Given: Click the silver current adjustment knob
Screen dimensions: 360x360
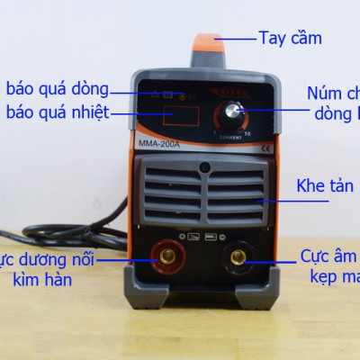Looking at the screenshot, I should click(x=237, y=112).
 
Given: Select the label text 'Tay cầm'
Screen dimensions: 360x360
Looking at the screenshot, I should click(x=290, y=38).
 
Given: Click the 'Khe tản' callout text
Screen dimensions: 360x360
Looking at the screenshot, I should click(x=326, y=187).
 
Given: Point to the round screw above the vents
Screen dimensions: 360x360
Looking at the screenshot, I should click(x=205, y=167).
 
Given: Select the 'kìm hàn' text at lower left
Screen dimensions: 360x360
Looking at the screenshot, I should click(x=42, y=281).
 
